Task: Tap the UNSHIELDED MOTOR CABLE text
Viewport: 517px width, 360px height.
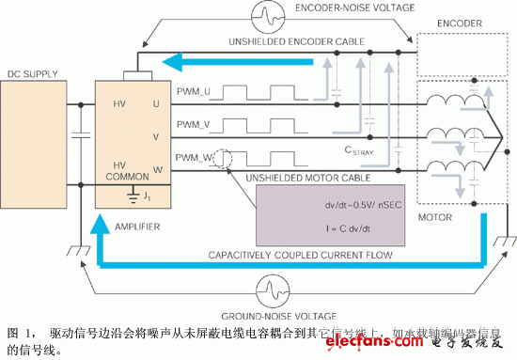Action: click(299, 178)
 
